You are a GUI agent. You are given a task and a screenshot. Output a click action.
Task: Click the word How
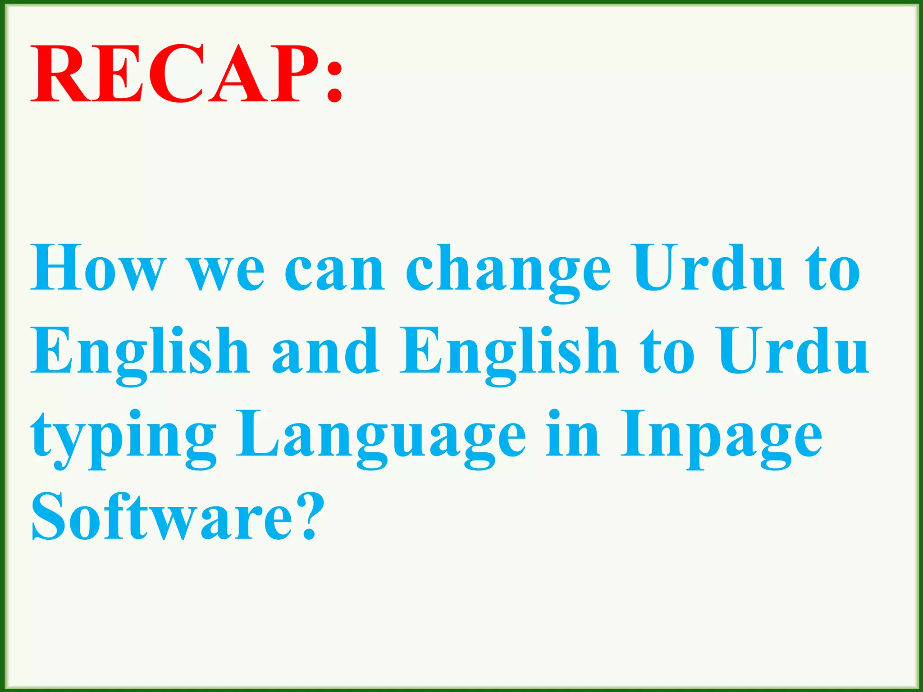pyautogui.click(x=97, y=268)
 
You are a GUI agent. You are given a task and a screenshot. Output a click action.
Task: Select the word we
pyautogui.click(x=226, y=272)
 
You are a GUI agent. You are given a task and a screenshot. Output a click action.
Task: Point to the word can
pyautogui.click(x=334, y=272)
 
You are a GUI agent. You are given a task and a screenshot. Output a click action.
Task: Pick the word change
pyautogui.click(x=508, y=272)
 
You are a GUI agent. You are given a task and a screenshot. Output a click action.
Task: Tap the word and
pyautogui.click(x=325, y=351)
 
